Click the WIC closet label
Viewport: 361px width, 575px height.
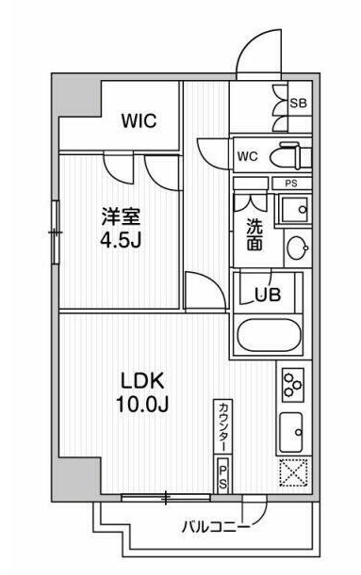click(138, 121)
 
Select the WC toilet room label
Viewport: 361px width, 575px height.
click(248, 155)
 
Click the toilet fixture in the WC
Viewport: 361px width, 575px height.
click(287, 155)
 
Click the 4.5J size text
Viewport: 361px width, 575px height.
click(122, 242)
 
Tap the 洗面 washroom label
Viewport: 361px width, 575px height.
click(255, 233)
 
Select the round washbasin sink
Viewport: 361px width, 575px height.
click(297, 248)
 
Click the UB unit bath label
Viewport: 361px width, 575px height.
click(268, 295)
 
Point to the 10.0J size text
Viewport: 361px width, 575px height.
click(141, 407)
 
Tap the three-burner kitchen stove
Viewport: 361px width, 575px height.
click(291, 383)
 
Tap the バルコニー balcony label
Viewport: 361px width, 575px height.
click(216, 525)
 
